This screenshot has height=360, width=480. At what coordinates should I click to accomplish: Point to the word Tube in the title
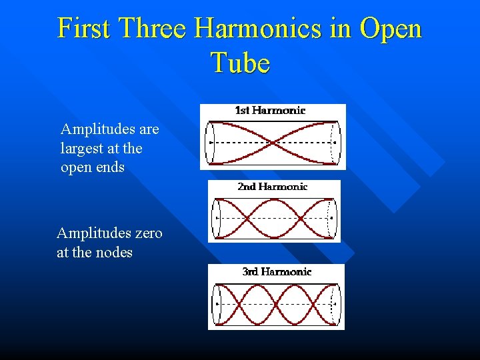(x=240, y=63)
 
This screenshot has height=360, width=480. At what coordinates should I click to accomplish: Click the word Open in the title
(x=390, y=29)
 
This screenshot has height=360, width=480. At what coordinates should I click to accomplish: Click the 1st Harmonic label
(x=270, y=111)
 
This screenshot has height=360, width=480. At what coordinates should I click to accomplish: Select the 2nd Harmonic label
(x=272, y=187)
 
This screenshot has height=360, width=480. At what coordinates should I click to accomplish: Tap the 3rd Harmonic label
(x=277, y=271)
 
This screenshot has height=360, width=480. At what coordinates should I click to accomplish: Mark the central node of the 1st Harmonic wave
(x=273, y=142)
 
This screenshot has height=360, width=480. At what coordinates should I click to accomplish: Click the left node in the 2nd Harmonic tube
(x=246, y=218)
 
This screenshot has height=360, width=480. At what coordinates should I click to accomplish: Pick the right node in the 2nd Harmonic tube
(x=301, y=218)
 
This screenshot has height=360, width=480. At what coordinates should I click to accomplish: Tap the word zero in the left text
(x=148, y=233)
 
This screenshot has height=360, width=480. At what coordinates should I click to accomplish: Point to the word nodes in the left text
(x=114, y=253)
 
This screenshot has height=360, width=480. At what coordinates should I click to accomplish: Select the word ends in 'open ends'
(x=110, y=167)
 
